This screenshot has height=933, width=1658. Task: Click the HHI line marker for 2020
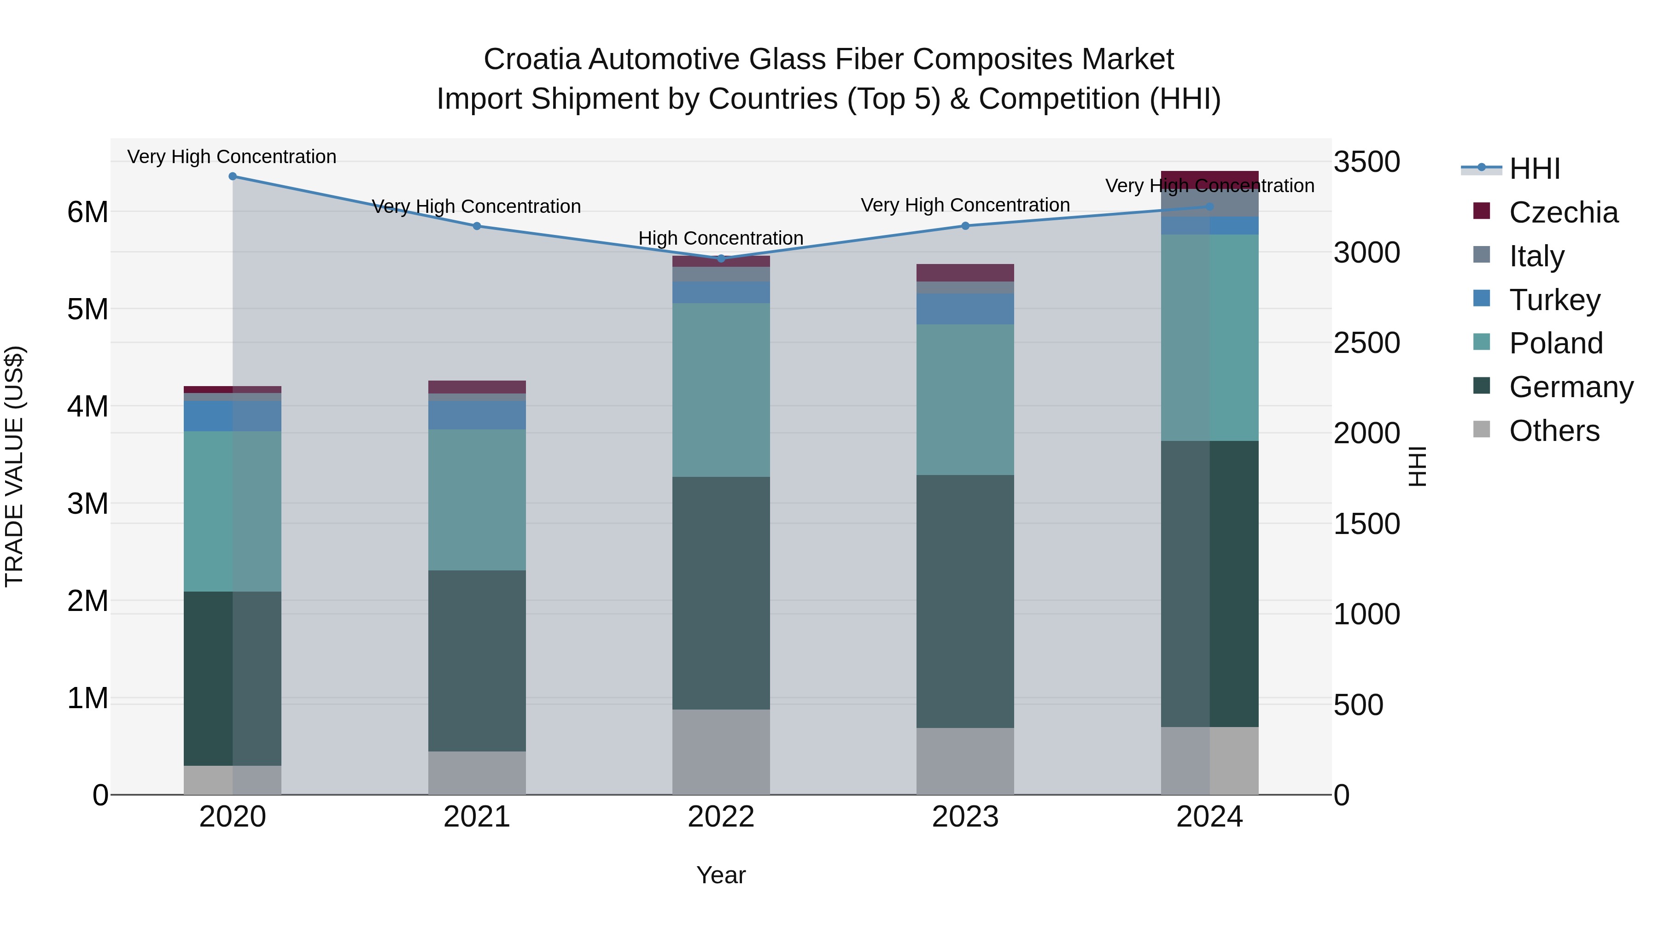[233, 176]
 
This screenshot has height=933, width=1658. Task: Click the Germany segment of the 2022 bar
[721, 593]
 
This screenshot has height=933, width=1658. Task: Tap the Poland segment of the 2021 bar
[477, 499]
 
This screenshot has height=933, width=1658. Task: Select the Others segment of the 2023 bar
[965, 761]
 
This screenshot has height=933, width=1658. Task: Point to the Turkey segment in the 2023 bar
[965, 309]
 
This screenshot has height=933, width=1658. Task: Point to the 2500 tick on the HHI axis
[1366, 343]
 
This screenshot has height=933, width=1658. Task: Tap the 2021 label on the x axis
[477, 817]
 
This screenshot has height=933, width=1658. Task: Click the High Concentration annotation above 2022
[721, 238]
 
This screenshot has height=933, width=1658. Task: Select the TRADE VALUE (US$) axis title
[14, 466]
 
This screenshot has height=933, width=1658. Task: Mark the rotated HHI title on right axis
[1417, 466]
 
